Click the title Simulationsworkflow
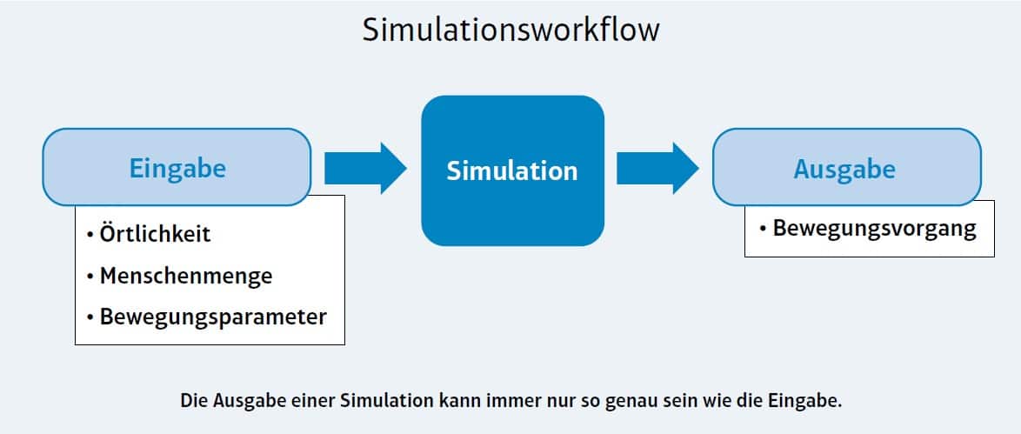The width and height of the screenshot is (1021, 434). pos(510,30)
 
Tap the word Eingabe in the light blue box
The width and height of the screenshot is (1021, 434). pos(177,168)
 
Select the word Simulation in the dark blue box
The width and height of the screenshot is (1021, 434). pos(511,170)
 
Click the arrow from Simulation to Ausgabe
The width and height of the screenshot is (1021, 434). pos(657,168)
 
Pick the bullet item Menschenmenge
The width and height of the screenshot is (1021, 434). pos(186,277)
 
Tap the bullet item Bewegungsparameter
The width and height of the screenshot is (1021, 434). pos(213,317)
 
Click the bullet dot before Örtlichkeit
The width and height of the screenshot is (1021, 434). pos(90,236)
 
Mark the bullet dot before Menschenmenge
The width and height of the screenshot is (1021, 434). pos(90,277)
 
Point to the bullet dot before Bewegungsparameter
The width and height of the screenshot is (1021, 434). pos(90,317)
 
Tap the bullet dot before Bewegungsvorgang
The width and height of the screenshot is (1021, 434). pos(763,229)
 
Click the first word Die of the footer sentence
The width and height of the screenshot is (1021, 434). pos(193,401)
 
